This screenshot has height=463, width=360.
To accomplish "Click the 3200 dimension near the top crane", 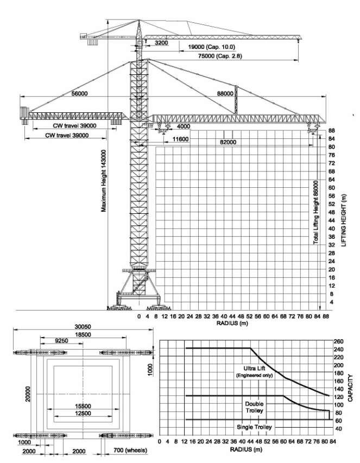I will [x=161, y=42].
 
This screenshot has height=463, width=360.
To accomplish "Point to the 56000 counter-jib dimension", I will [x=79, y=94].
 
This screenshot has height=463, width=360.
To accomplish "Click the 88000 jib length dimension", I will [x=225, y=94].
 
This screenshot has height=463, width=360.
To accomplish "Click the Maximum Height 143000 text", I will [x=103, y=182].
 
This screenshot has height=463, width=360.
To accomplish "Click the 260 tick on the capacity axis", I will [x=338, y=341].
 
